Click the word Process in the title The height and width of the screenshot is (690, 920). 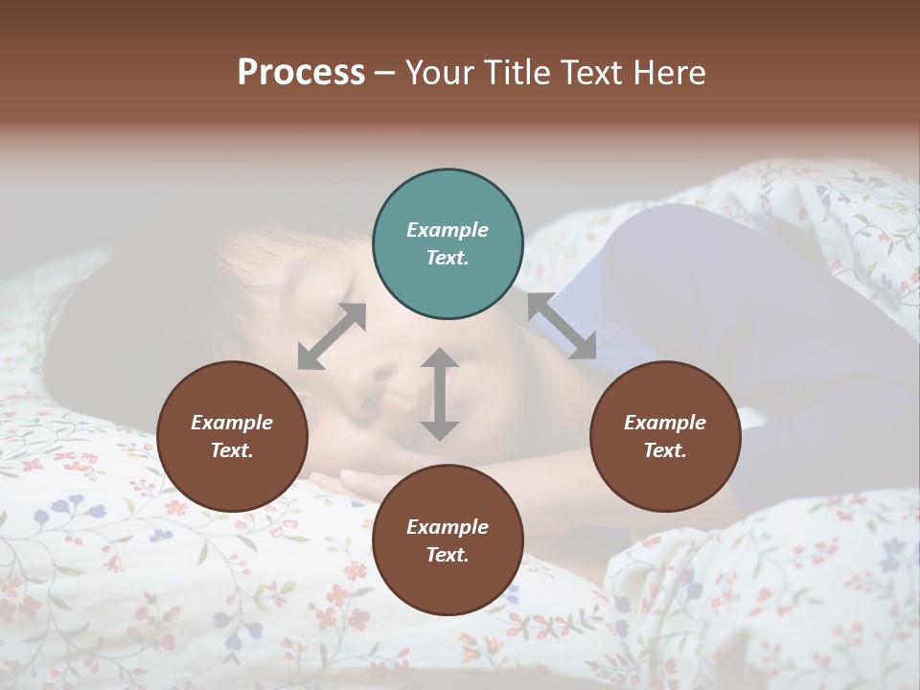[301, 73]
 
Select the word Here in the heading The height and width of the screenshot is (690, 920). [666, 73]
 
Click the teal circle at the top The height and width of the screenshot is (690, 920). [448, 244]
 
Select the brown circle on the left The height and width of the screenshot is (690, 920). [232, 436]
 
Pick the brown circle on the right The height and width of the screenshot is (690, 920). [665, 436]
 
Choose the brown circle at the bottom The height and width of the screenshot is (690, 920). [448, 540]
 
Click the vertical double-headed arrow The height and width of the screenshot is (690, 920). [440, 394]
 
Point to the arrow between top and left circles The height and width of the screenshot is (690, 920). [332, 336]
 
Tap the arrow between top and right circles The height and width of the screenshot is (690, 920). [563, 326]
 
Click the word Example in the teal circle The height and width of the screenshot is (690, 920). [448, 230]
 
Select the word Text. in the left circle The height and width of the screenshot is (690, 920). [232, 450]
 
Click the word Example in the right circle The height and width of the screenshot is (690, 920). [665, 423]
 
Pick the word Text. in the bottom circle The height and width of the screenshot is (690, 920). [448, 555]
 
